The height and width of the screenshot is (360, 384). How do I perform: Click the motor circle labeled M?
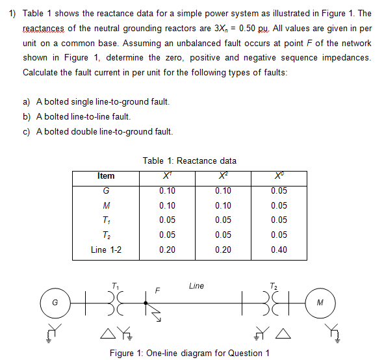334,302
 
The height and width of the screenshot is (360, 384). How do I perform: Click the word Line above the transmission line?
196,285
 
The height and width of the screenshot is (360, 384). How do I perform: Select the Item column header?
105,175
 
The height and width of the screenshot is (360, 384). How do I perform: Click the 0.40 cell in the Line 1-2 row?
279,250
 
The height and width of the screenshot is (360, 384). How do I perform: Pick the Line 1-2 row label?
106,250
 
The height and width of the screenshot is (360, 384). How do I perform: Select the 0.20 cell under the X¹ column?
167,250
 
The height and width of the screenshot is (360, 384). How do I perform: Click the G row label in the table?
106,191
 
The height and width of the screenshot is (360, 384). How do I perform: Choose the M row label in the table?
106,205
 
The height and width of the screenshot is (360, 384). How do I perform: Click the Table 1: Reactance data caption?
190,161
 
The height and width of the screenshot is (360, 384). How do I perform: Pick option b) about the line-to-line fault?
77,117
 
